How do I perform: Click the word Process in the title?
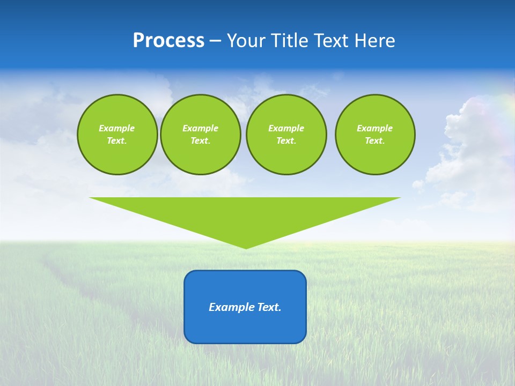click(168, 41)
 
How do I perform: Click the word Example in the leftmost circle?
click(117, 128)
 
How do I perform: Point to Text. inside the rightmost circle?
click(375, 141)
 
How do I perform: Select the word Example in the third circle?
click(286, 128)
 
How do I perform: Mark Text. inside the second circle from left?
click(201, 141)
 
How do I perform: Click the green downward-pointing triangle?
click(245, 214)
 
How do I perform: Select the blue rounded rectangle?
click(245, 327)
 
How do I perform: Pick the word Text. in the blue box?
click(269, 307)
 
